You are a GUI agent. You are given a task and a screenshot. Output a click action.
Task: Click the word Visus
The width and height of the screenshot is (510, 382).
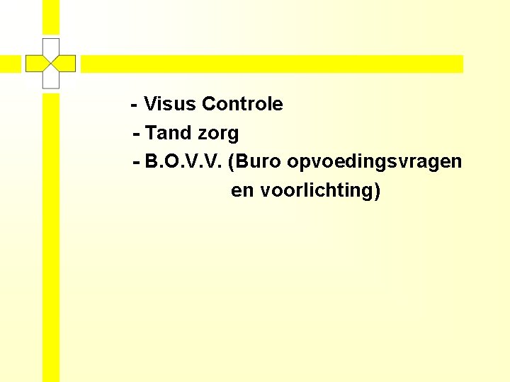(170, 105)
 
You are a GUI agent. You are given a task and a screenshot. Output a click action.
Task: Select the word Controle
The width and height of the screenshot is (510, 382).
(242, 105)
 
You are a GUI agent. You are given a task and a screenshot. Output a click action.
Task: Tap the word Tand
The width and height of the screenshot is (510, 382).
(168, 133)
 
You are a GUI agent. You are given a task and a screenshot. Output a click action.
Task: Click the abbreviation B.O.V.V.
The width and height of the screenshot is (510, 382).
(183, 162)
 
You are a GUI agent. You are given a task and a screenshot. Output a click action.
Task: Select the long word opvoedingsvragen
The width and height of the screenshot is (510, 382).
(375, 162)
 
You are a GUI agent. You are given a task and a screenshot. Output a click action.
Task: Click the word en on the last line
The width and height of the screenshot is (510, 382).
(242, 191)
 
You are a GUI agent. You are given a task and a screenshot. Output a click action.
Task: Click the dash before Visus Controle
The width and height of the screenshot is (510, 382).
(134, 105)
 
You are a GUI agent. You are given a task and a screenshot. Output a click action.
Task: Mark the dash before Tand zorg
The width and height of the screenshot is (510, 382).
(137, 134)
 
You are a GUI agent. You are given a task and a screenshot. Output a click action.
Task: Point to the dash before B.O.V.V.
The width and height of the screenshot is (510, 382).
(137, 163)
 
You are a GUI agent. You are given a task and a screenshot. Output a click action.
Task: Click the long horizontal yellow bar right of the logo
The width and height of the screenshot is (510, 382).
(272, 64)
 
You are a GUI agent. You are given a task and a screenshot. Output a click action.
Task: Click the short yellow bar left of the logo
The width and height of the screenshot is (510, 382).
(10, 64)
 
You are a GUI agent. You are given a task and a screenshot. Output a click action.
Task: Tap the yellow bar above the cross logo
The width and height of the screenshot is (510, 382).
(50, 17)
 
